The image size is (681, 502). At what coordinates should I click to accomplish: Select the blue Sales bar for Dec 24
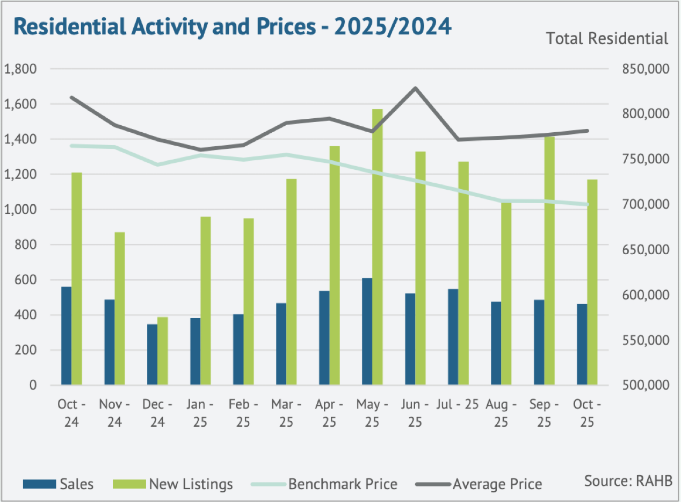point(152,355)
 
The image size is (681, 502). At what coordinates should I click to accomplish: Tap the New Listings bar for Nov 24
point(119,309)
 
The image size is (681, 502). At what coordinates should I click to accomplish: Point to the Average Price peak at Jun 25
point(415,88)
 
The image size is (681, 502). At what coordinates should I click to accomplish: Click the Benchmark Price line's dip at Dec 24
point(157,164)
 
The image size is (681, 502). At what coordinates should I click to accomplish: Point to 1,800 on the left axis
point(20,69)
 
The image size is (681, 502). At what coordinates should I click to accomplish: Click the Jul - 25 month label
point(458,405)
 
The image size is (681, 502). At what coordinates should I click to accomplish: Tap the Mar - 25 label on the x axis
point(286,413)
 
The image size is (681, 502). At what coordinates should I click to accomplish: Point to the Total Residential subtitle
point(607,39)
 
